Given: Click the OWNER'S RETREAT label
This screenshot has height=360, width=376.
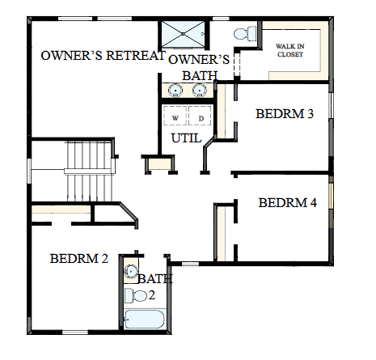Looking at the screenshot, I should pyautogui.click(x=103, y=56).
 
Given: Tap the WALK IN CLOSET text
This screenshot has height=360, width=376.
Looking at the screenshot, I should pyautogui.click(x=290, y=49).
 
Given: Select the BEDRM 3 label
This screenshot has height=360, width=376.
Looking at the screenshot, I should pyautogui.click(x=285, y=114).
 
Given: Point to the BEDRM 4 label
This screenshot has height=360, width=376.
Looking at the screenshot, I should pyautogui.click(x=287, y=203).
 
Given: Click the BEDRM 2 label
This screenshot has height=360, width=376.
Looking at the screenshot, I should pyautogui.click(x=78, y=259).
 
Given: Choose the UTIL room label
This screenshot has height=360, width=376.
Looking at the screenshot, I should pyautogui.click(x=187, y=138).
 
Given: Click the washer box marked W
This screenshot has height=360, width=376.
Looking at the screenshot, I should pyautogui.click(x=175, y=118).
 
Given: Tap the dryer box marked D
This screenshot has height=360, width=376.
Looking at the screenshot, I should pyautogui.click(x=201, y=118).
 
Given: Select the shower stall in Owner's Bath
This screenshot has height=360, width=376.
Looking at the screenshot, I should pyautogui.click(x=183, y=36).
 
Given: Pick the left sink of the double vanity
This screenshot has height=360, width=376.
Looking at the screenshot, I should pyautogui.click(x=175, y=89).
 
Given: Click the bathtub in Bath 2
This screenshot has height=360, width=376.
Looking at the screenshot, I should pyautogui.click(x=146, y=318).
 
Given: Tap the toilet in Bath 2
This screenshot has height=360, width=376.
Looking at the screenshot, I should pyautogui.click(x=139, y=296).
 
